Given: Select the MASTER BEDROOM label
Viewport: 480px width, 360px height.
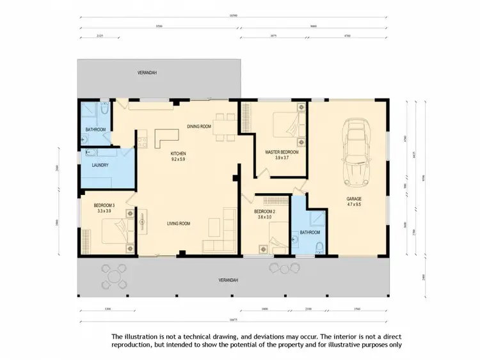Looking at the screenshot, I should (x=282, y=152).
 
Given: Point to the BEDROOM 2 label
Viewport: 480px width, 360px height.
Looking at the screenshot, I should (x=264, y=212).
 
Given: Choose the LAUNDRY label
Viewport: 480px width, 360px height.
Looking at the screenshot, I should (x=100, y=165).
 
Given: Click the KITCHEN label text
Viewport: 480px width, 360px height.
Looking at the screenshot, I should (x=178, y=154).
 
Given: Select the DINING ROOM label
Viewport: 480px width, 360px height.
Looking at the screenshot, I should (x=199, y=127).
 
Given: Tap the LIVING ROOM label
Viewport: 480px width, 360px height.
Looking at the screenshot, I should (x=181, y=223).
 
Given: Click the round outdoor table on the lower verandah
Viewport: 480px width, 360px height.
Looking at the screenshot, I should (x=113, y=276).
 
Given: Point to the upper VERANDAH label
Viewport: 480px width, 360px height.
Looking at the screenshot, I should (x=147, y=74).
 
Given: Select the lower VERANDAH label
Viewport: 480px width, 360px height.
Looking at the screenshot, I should (x=228, y=280).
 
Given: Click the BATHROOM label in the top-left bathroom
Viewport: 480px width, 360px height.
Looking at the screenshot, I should (x=95, y=130).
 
